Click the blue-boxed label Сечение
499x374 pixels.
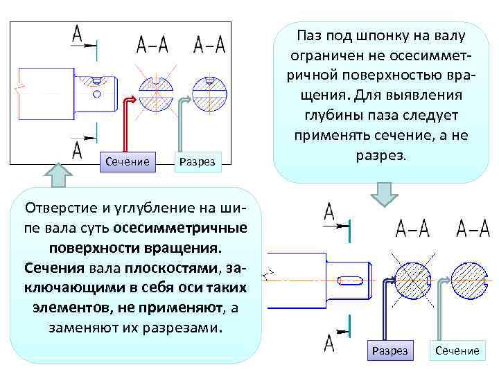126,161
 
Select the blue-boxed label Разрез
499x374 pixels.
390,350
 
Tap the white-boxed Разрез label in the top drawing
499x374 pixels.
197,162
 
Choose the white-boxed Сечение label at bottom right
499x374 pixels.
457,350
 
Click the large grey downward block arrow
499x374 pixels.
383,193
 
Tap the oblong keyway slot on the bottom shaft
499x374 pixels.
353,280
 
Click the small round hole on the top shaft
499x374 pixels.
97,93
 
